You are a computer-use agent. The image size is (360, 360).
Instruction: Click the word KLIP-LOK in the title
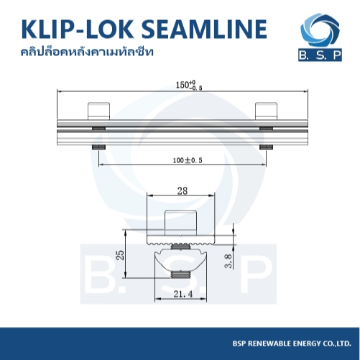click(78, 29)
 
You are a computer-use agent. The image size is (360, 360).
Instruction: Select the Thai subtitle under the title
click(87, 52)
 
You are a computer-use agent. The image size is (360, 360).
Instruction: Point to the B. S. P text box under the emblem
click(320, 55)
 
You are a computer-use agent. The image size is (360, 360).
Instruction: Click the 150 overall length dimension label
click(189, 86)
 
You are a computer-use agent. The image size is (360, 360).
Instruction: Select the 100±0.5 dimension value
click(188, 160)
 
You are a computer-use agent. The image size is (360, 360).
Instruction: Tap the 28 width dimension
click(182, 191)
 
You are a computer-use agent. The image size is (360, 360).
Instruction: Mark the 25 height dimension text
click(121, 255)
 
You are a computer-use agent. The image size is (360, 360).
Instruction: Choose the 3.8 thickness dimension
click(229, 261)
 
